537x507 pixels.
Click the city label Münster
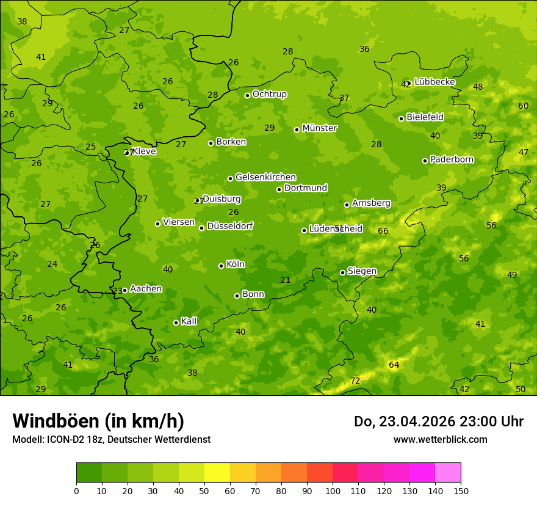click(320, 128)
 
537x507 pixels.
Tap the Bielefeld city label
click(425, 117)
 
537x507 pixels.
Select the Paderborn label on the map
click(452, 159)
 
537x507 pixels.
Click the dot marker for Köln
click(221, 266)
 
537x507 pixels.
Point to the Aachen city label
click(146, 289)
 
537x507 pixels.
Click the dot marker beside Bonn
click(237, 296)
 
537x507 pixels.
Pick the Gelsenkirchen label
click(265, 177)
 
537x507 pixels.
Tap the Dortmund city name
click(306, 188)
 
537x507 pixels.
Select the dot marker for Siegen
click(342, 272)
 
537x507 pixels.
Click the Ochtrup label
click(270, 94)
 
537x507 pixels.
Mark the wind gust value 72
click(355, 381)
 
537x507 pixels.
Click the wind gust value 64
click(394, 365)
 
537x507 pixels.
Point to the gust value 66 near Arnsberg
click(383, 231)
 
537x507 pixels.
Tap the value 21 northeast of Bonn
click(285, 280)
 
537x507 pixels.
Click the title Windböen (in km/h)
click(98, 421)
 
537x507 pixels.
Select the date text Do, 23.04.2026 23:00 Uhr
click(439, 421)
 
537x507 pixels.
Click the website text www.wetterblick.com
click(441, 440)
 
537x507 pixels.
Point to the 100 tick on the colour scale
click(333, 491)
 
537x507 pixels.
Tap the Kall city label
click(189, 321)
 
